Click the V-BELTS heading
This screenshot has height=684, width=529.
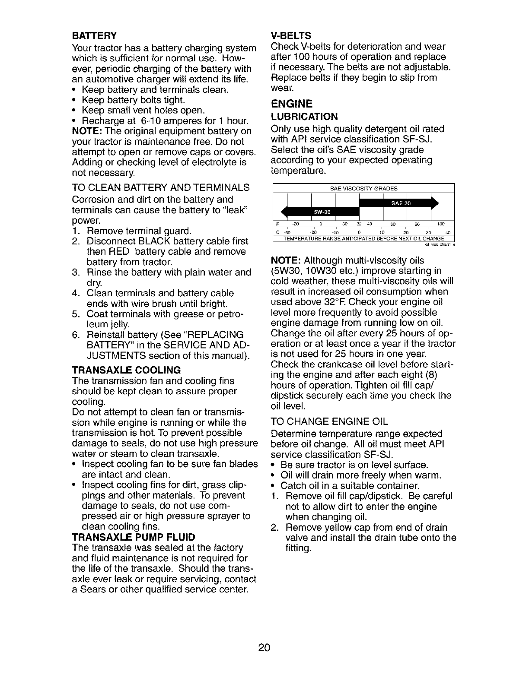click(x=290, y=35)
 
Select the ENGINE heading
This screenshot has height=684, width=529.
click(x=291, y=104)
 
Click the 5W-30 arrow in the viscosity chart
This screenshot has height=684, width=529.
click(x=322, y=211)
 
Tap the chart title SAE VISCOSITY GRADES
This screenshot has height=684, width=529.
click(x=363, y=188)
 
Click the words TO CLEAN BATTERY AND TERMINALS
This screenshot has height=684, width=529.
click(x=161, y=188)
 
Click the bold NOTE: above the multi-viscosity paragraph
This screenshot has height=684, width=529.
click(x=285, y=261)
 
